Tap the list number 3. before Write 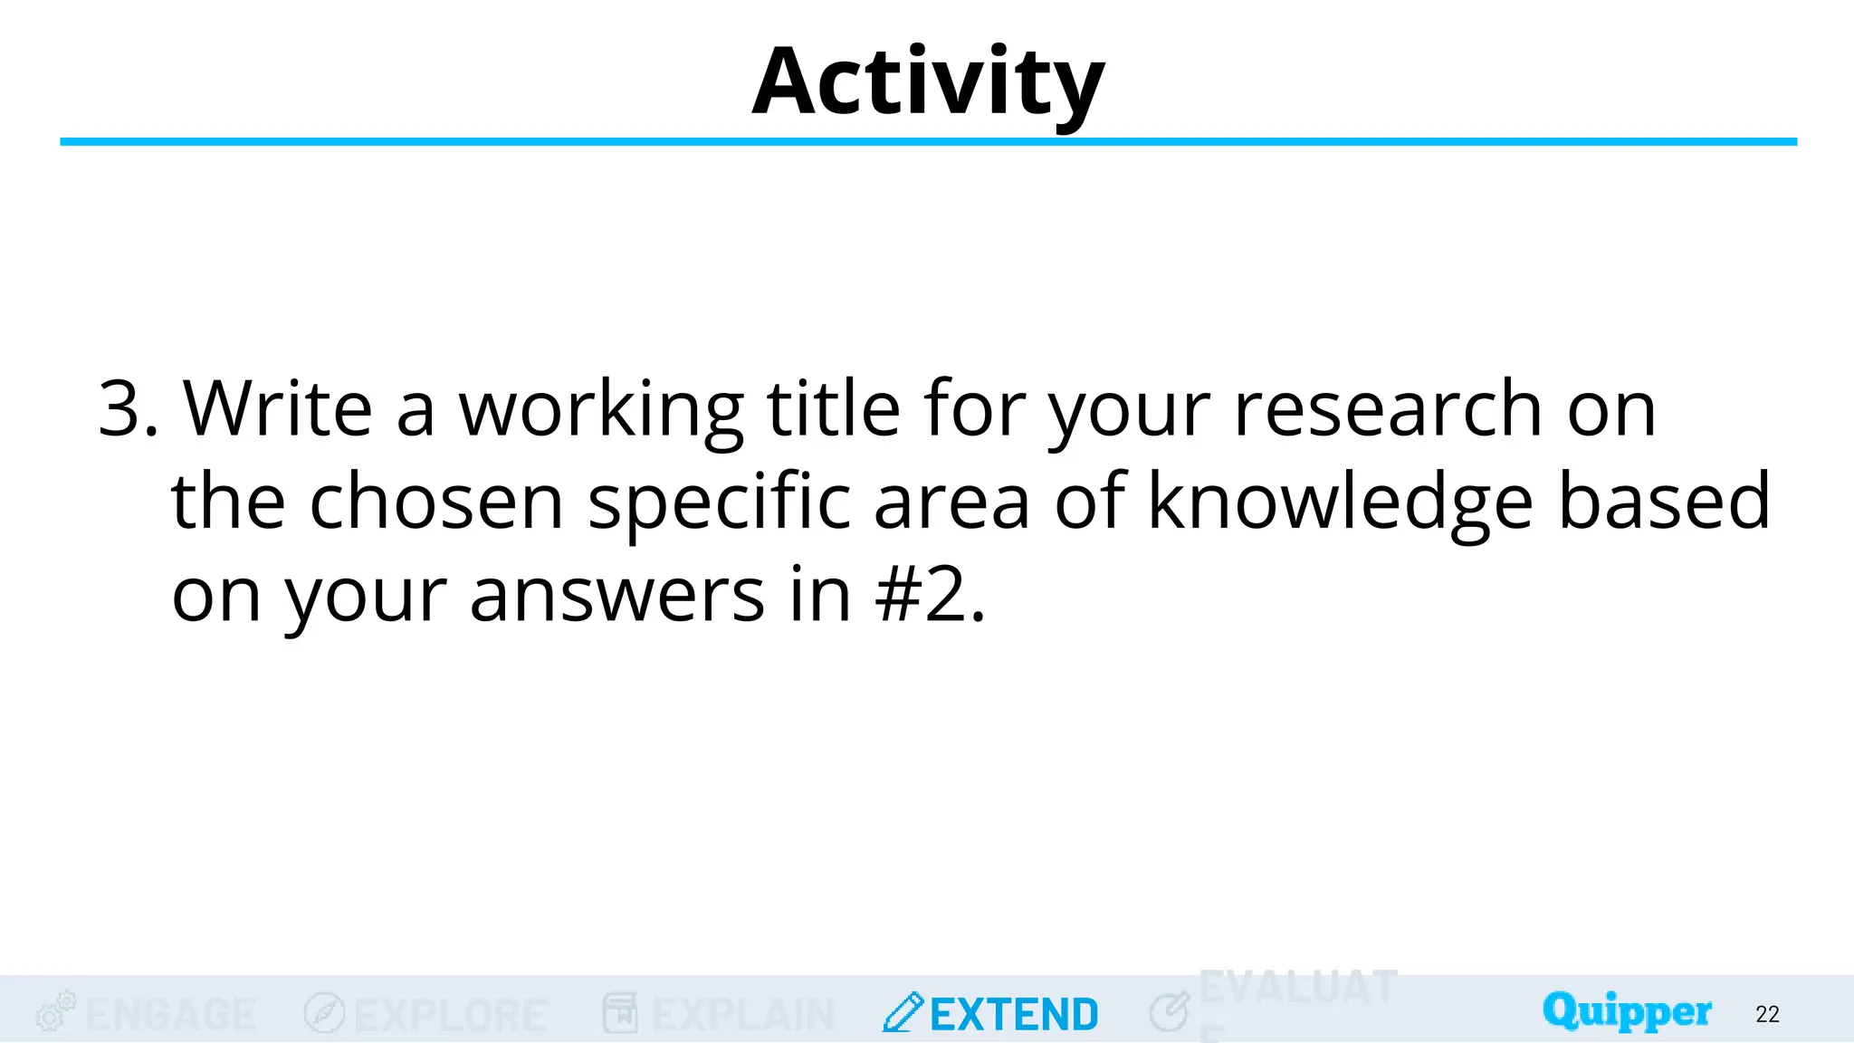pyautogui.click(x=128, y=409)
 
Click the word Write pyautogui.click(x=278, y=409)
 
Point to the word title pyautogui.click(x=833, y=409)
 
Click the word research pyautogui.click(x=1388, y=409)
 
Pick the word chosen pyautogui.click(x=436, y=502)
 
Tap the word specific pyautogui.click(x=719, y=504)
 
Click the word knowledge pyautogui.click(x=1340, y=502)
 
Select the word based pyautogui.click(x=1664, y=502)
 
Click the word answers pyautogui.click(x=616, y=597)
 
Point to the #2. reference pyautogui.click(x=931, y=597)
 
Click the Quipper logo pyautogui.click(x=1627, y=1011)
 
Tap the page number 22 pyautogui.click(x=1767, y=1014)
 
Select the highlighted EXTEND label pyautogui.click(x=1014, y=1015)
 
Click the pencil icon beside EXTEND pyautogui.click(x=903, y=1012)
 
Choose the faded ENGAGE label pyautogui.click(x=171, y=1015)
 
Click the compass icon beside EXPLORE pyautogui.click(x=324, y=1012)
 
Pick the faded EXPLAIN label pyautogui.click(x=742, y=1015)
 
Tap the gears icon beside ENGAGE pyautogui.click(x=55, y=1011)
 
